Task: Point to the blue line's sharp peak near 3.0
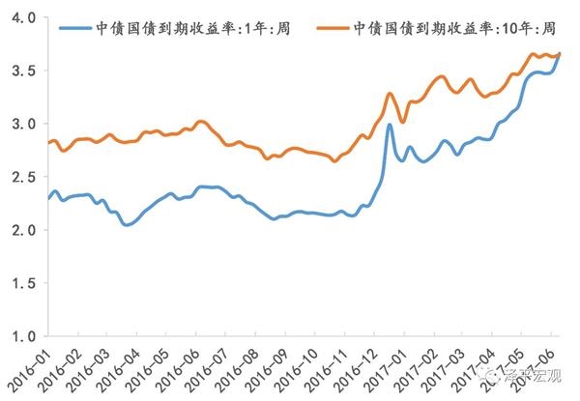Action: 389,125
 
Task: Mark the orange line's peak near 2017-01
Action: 390,94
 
